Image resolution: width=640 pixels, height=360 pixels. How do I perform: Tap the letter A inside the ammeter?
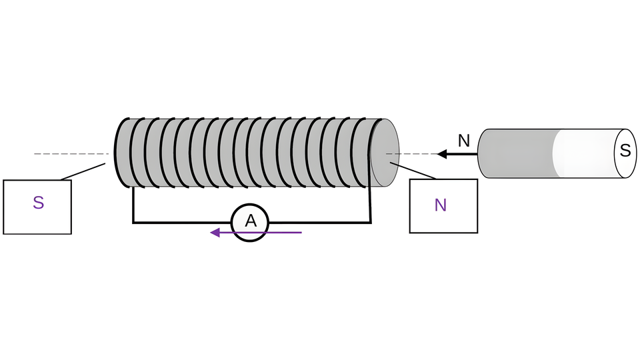coord(250,221)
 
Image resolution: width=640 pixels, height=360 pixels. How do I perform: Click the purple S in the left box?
coord(38,203)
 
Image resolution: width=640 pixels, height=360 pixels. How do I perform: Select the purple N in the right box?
coord(440,205)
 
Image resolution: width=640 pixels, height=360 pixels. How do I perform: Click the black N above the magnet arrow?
coord(464,141)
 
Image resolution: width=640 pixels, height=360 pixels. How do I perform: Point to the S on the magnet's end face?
coord(625,151)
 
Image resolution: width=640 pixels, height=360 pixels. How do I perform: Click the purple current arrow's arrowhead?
coord(215,233)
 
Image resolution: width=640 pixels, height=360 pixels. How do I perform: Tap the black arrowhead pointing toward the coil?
coord(441,154)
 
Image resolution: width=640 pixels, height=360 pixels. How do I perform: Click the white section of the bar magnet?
coord(583,154)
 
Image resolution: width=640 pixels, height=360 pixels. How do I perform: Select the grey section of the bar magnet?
coord(517,154)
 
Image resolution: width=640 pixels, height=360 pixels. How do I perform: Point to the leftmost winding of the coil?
coord(119,153)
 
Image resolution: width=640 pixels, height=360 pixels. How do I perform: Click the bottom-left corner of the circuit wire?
coord(133,222)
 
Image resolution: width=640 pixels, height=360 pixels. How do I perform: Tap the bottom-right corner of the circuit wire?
coord(370,222)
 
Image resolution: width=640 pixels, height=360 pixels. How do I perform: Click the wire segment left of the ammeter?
coord(180,222)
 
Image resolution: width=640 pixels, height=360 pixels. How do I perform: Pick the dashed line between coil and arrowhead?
coord(417,154)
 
